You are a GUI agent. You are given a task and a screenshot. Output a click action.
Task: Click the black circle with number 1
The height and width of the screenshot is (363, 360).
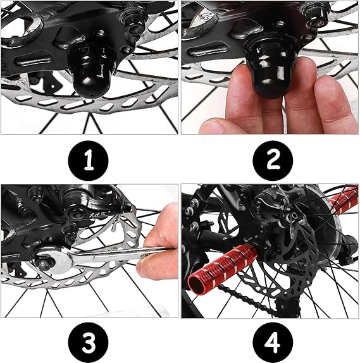tap(88, 161)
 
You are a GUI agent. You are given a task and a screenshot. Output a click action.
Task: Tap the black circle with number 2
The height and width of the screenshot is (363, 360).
tap(273, 161)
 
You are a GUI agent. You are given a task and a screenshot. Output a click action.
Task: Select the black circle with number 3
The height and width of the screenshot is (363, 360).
tap(88, 342)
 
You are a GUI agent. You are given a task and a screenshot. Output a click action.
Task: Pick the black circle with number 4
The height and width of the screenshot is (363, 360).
tap(273, 342)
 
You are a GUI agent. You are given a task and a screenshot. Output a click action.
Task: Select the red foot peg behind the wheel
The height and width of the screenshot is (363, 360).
tap(343, 200)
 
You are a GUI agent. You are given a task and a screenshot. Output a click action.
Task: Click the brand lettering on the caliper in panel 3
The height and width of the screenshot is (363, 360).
tap(99, 215)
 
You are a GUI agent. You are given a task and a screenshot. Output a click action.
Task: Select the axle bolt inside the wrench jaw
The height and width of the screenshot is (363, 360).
tap(45, 262)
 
